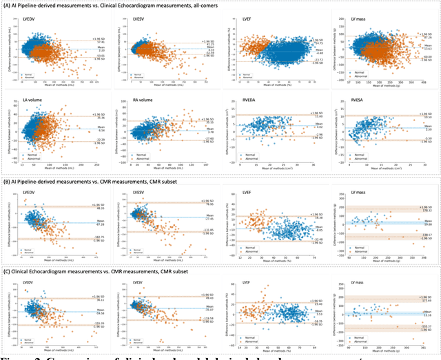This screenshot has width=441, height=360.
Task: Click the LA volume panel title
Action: pos(26,100)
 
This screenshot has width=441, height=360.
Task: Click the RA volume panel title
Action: pos(136,100)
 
